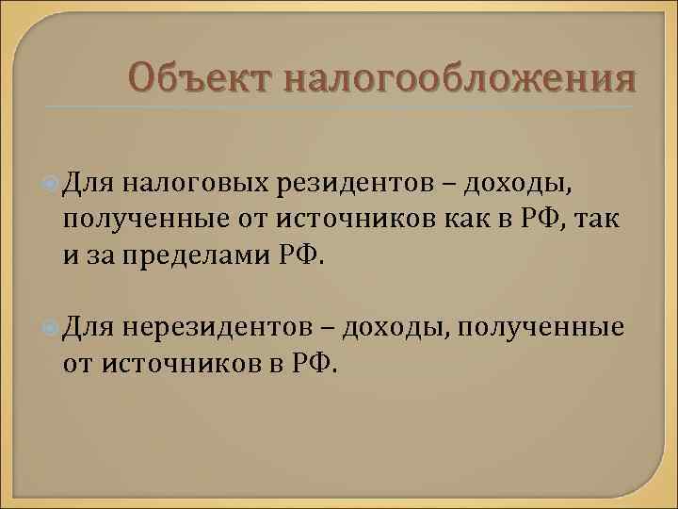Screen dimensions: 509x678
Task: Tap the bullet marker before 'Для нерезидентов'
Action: pos(52,327)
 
